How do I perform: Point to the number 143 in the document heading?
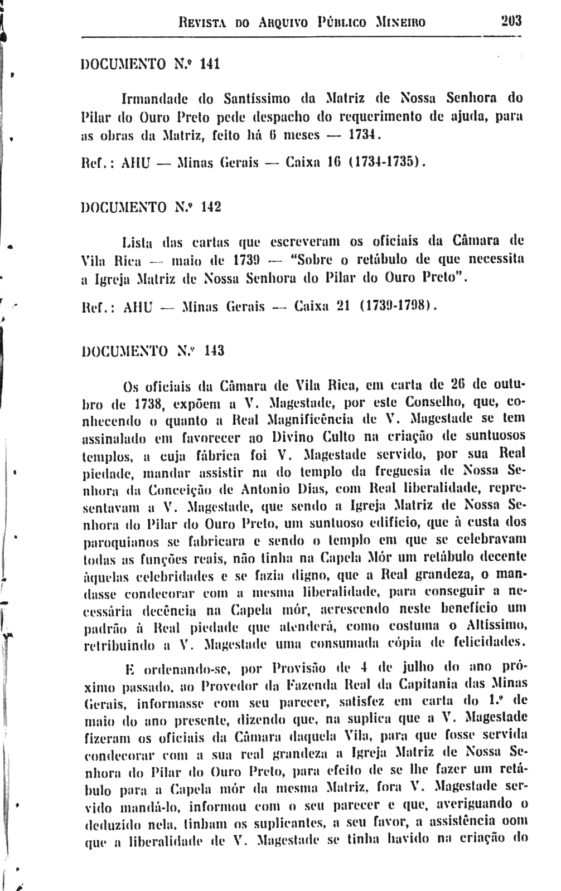click(214, 352)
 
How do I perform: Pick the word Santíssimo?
click(257, 100)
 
